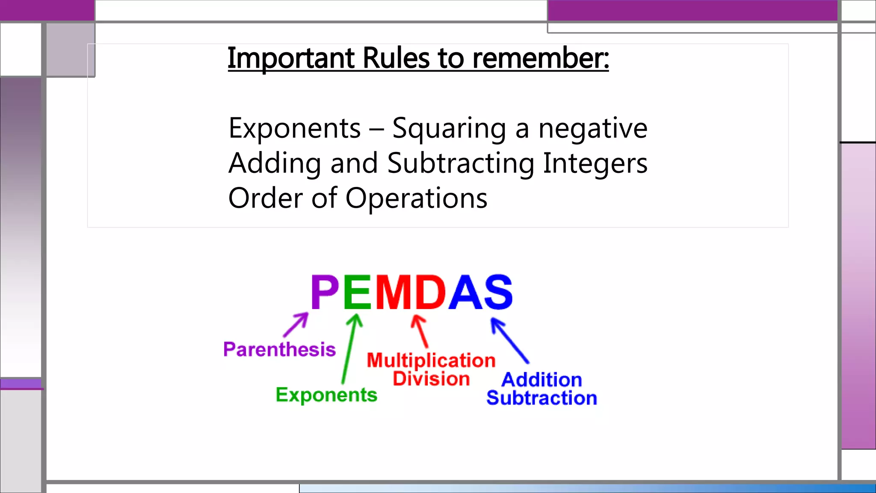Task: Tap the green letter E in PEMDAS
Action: pyautogui.click(x=357, y=292)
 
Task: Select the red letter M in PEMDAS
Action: pyautogui.click(x=394, y=292)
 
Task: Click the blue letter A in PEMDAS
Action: pyautogui.click(x=465, y=292)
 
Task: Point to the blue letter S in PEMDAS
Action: pyautogui.click(x=498, y=292)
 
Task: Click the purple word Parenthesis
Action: pyautogui.click(x=279, y=350)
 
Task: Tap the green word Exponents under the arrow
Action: pyautogui.click(x=326, y=395)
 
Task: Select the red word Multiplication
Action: pyautogui.click(x=431, y=360)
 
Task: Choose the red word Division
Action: pyautogui.click(x=431, y=379)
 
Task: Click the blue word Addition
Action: pyautogui.click(x=542, y=380)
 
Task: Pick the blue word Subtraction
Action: pyautogui.click(x=542, y=398)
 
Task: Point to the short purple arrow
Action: pyautogui.click(x=296, y=325)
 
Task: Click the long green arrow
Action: pyautogui.click(x=349, y=349)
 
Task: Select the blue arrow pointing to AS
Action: pyautogui.click(x=510, y=341)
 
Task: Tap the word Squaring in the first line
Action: pyautogui.click(x=449, y=128)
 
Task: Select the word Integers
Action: pyautogui.click(x=595, y=163)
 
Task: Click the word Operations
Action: pyautogui.click(x=416, y=199)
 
